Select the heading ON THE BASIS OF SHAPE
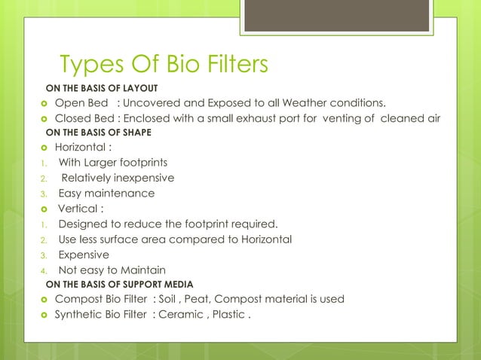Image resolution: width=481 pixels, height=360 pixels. tap(99, 133)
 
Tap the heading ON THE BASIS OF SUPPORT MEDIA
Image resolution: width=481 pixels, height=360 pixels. tap(119, 284)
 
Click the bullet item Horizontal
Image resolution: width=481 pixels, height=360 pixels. tap(84, 148)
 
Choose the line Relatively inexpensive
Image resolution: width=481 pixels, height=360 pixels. tap(118, 178)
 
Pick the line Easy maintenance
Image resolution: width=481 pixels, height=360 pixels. tap(106, 194)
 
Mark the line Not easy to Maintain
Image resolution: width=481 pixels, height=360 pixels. tap(112, 270)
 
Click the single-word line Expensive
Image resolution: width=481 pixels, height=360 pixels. tap(84, 255)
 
